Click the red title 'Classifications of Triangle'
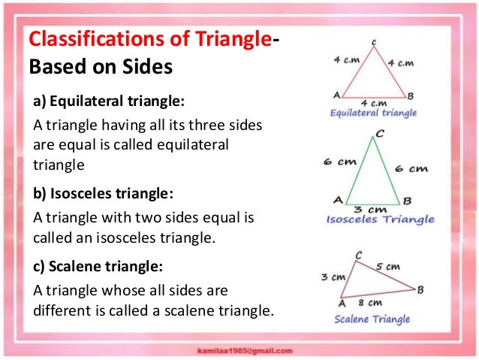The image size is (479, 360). tap(146, 40)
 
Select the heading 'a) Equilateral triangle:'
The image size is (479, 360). tap(108, 100)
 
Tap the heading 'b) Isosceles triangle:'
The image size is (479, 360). tap(104, 193)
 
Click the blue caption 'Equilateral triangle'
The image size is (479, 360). tap(373, 113)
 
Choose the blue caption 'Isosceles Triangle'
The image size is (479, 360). tap(380, 219)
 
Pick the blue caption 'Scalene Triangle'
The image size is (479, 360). tap(373, 319)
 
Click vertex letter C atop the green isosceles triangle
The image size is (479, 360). tap(379, 134)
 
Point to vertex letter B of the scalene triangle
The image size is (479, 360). tap(420, 289)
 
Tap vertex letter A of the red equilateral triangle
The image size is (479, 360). tap(336, 95)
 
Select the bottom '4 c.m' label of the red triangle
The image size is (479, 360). tap(373, 102)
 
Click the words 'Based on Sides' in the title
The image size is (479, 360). tap(101, 68)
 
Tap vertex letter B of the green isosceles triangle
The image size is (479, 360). tap(406, 201)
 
